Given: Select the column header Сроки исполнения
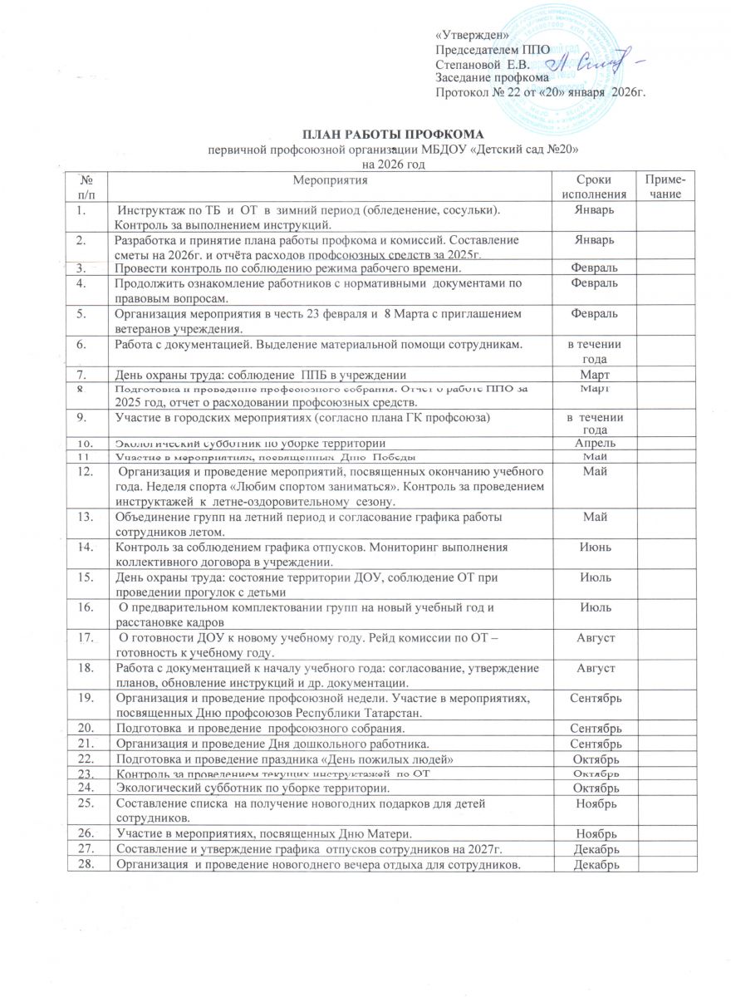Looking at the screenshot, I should [594, 186].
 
